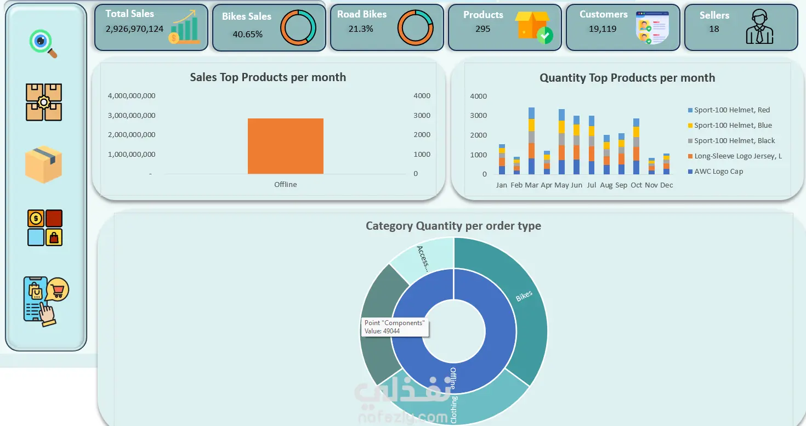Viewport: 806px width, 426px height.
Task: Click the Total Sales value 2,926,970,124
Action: pyautogui.click(x=134, y=29)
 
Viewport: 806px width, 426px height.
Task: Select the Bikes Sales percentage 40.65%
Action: pyautogui.click(x=248, y=34)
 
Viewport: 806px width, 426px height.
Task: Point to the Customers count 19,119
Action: pyautogui.click(x=603, y=29)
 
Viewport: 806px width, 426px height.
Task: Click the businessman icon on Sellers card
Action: pyautogui.click(x=759, y=27)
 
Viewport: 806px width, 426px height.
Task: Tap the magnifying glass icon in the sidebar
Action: pyautogui.click(x=43, y=43)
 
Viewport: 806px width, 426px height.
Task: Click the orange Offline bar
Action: pyautogui.click(x=285, y=146)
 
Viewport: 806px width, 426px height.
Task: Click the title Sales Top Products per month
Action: pyautogui.click(x=268, y=77)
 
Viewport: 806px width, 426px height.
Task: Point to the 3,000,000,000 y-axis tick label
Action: pyautogui.click(x=132, y=116)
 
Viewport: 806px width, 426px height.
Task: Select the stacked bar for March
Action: pyautogui.click(x=531, y=141)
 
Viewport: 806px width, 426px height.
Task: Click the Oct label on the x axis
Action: pyautogui.click(x=636, y=185)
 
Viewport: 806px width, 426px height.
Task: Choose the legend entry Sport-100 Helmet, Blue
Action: pyautogui.click(x=730, y=125)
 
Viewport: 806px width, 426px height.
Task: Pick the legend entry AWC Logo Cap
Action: pyautogui.click(x=716, y=171)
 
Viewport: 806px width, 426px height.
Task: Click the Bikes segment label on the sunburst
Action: pyautogui.click(x=524, y=296)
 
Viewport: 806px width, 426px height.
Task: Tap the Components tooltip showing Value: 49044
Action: pyautogui.click(x=395, y=327)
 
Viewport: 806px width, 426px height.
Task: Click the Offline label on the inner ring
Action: pyautogui.click(x=453, y=378)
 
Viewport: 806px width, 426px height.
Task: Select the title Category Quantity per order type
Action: pyautogui.click(x=453, y=225)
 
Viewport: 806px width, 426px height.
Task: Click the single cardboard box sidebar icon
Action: pyautogui.click(x=43, y=164)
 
